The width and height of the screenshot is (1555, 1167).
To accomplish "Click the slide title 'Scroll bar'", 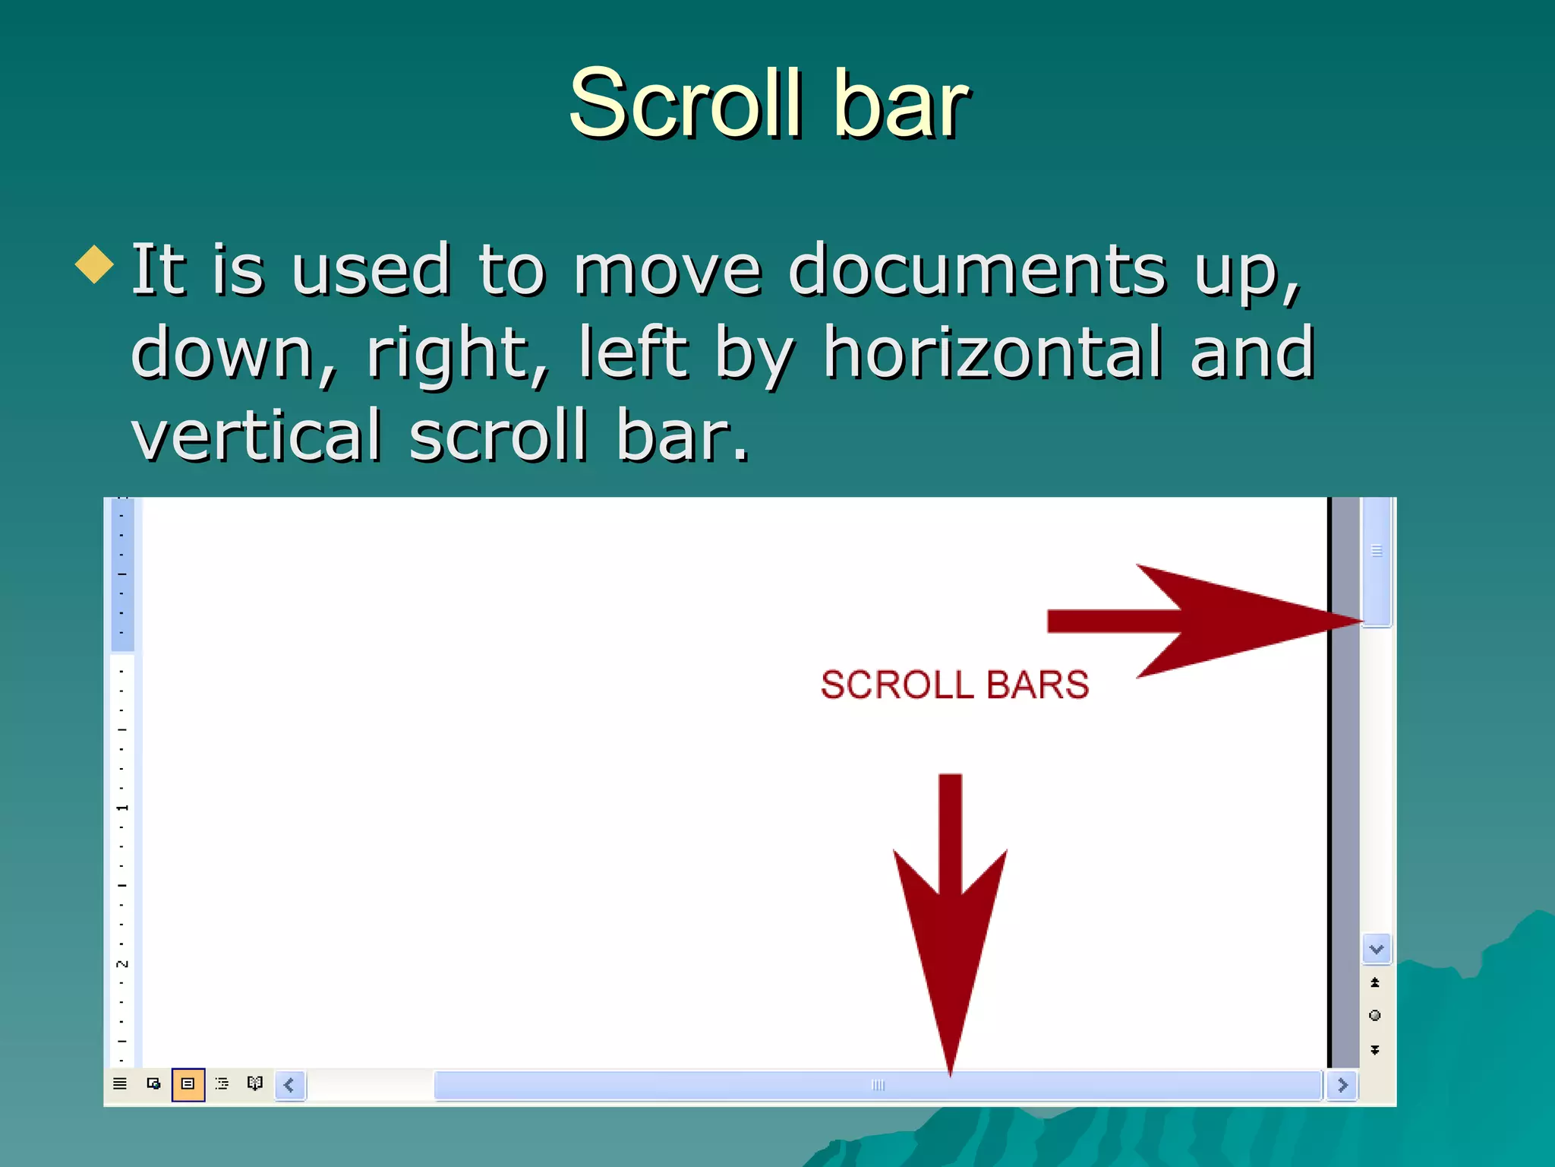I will point(768,103).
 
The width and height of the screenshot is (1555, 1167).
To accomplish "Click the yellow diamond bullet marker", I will point(95,264).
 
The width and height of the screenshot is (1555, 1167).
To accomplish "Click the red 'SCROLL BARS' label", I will point(954,685).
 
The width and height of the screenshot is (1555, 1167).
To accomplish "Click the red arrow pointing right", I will point(1200,621).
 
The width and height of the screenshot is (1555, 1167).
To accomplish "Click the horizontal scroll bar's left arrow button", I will point(289,1085).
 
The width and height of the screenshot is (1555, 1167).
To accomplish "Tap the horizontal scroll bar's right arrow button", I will point(1342,1085).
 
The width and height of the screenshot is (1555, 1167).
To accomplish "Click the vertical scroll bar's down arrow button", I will point(1376,949).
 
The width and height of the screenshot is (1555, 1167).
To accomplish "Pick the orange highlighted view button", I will point(188,1084).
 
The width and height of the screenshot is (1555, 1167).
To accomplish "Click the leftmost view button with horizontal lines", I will point(120,1084).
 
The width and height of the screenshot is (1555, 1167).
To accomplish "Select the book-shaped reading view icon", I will point(255,1083).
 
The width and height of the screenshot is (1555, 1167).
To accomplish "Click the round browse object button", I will point(1375,1016).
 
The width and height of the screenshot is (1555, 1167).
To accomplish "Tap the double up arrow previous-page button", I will point(1375,982).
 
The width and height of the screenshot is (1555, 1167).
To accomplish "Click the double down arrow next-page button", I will point(1375,1050).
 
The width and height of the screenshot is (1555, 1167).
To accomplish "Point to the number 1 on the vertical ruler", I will point(122,808).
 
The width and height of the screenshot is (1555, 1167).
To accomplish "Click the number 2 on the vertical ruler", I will point(122,963).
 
